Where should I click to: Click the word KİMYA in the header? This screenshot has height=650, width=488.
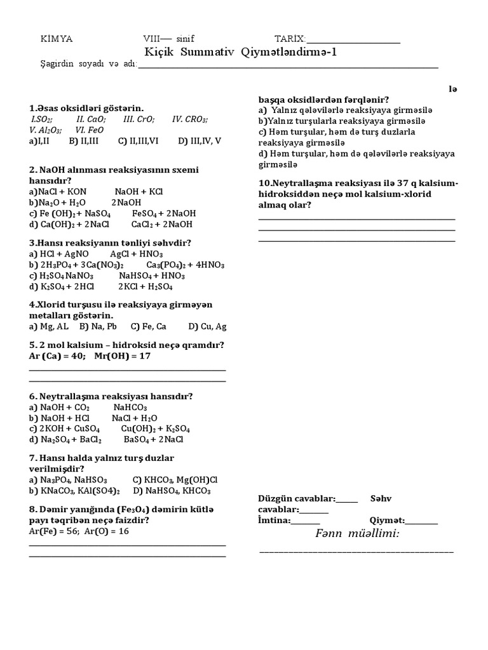[57, 39]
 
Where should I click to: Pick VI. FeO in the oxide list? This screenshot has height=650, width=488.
[90, 130]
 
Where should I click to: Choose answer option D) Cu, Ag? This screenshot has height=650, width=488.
[207, 327]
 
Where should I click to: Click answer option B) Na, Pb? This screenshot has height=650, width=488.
[98, 327]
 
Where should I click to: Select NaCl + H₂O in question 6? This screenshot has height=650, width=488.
[135, 418]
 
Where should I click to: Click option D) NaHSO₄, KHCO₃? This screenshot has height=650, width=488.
[172, 491]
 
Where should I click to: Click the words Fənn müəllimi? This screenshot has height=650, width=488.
[357, 533]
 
